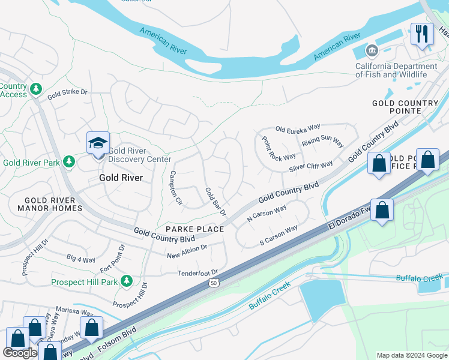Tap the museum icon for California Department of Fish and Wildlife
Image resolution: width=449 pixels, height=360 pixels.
pos(372,50)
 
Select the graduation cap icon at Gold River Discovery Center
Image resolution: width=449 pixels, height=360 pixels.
pos(98,143)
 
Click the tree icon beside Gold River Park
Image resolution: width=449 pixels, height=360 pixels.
pos(69,162)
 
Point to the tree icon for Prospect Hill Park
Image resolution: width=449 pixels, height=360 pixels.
pos(126,281)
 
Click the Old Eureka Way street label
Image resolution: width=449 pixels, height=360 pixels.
pos(298,128)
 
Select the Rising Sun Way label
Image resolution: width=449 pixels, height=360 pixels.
pos(322,143)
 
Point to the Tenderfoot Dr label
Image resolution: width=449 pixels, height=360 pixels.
pos(197,273)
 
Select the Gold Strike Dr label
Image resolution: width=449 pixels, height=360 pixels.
pos(67,94)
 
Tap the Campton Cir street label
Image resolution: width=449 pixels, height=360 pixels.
pos(175,188)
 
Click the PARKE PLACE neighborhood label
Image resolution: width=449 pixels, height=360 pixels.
pos(194,229)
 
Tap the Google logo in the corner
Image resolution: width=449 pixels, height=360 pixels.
pos(20,353)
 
